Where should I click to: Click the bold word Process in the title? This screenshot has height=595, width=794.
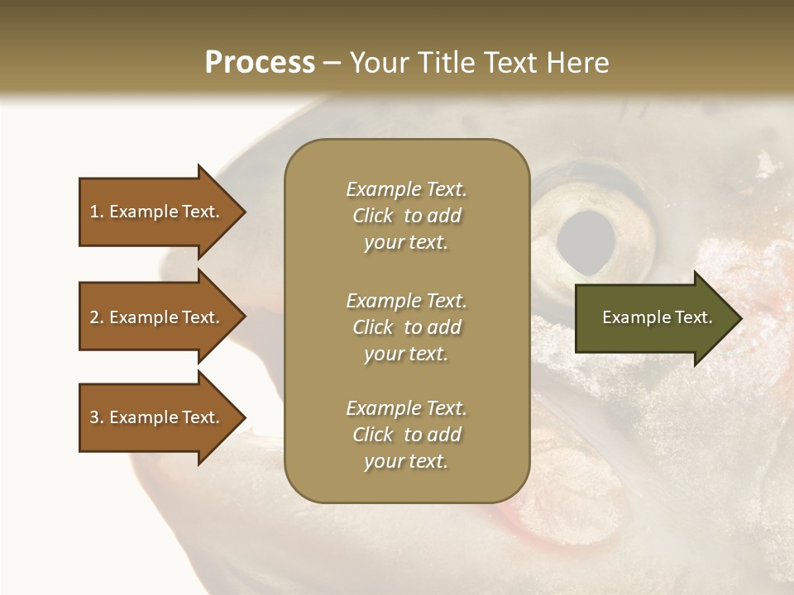(260, 63)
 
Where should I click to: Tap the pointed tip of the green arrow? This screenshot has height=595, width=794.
(740, 317)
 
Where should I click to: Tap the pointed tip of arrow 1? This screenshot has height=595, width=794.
(244, 212)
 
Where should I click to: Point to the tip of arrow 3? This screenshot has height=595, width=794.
(244, 417)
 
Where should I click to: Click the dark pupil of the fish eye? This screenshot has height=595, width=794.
(586, 244)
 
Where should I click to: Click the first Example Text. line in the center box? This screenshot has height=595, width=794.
(406, 189)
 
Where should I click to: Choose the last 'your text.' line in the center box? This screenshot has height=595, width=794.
(406, 461)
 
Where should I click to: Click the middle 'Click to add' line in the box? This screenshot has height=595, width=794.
(406, 327)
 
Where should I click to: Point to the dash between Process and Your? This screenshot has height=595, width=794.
(332, 63)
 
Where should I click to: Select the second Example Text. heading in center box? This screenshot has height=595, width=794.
(406, 301)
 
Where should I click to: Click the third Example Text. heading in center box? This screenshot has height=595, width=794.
(406, 408)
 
